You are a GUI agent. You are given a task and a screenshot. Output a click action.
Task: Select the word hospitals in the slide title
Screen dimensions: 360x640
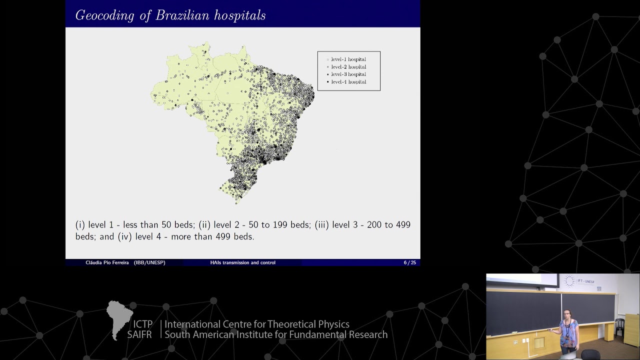(240, 15)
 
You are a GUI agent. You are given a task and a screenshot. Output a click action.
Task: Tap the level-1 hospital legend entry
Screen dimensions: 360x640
(348, 59)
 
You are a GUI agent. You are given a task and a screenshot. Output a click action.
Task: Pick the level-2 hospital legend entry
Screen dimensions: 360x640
(348, 67)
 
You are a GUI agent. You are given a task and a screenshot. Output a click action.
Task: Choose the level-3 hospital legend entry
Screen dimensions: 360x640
(348, 74)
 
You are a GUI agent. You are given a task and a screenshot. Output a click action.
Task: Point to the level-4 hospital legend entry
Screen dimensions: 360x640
(348, 82)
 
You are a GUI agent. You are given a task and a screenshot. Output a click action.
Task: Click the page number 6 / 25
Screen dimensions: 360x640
(409, 262)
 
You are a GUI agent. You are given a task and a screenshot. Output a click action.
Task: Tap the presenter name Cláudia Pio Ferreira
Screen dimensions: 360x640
(108, 262)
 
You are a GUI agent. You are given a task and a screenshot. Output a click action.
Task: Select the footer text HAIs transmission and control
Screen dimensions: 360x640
(243, 262)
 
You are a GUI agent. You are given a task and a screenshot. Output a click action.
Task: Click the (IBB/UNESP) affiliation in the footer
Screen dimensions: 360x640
(149, 262)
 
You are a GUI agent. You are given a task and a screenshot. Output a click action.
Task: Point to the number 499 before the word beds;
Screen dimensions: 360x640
(403, 225)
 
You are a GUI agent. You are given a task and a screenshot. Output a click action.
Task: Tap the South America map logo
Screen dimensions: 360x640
(119, 319)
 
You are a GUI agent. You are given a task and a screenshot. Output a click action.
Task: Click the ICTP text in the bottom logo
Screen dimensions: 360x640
(143, 324)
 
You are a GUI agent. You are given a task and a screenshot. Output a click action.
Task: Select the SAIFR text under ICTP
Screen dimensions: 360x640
(139, 335)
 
